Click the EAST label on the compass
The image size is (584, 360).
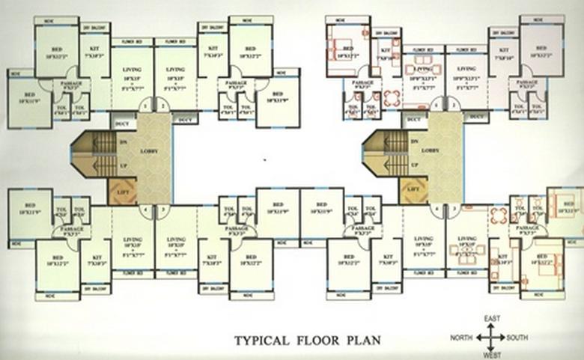coord(492,320)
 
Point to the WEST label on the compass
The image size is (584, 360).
coord(492,356)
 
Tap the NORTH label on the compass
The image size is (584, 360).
coord(461,338)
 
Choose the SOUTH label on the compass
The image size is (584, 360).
coord(517,338)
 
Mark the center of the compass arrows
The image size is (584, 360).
coord(491,338)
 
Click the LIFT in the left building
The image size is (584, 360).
coord(121,191)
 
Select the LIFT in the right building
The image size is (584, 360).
coord(412,191)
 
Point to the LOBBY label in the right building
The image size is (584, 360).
coord(430,150)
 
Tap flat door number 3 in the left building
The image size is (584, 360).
coord(162,210)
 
